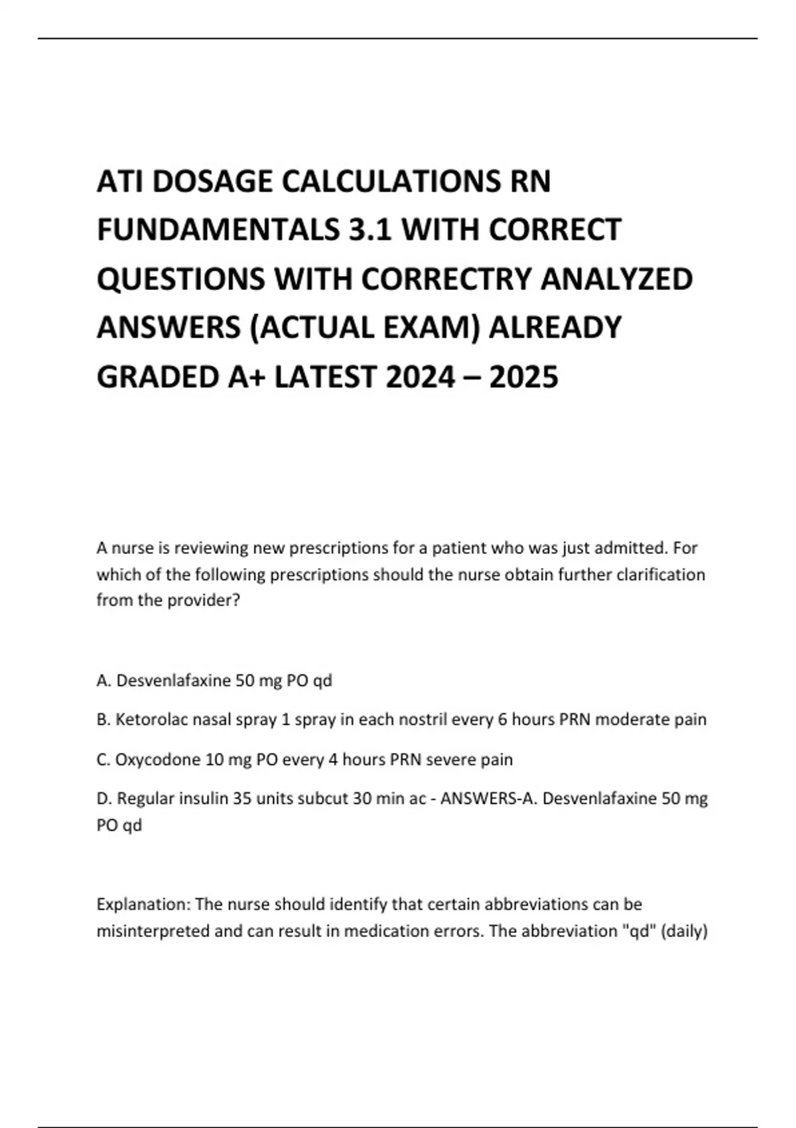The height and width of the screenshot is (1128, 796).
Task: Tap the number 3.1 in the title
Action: pos(367,230)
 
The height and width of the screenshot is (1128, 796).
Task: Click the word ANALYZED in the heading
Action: pos(617,279)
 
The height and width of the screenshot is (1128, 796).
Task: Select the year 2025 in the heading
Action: pos(523,377)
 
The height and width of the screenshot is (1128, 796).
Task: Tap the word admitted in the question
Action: pos(630,548)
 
